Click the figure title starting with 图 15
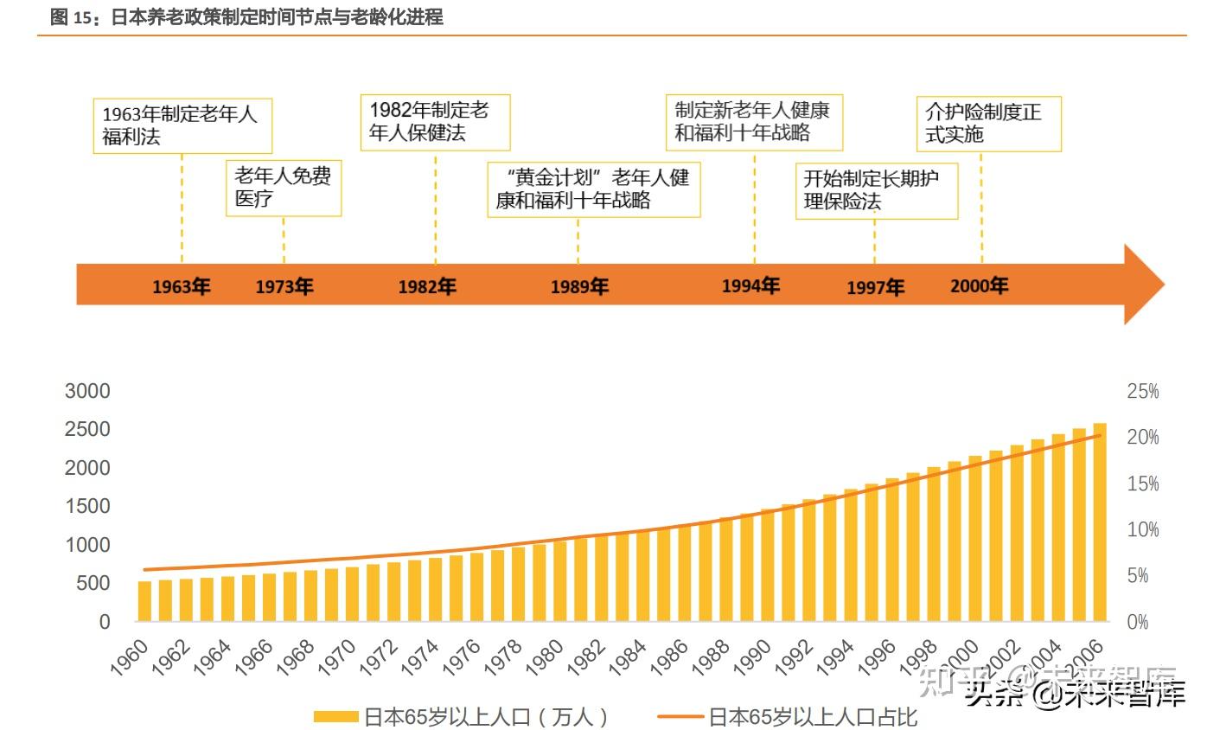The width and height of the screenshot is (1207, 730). (x=246, y=16)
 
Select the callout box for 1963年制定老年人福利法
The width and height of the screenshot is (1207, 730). (x=182, y=125)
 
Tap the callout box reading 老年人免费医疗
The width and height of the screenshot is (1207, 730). (x=283, y=188)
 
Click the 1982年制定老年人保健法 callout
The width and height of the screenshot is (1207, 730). (x=434, y=122)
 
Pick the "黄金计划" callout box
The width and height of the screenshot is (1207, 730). (x=593, y=189)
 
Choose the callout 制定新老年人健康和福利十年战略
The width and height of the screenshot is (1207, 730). (x=754, y=122)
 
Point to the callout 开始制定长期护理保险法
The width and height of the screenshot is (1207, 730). (x=876, y=190)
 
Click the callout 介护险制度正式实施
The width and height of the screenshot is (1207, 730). (x=987, y=124)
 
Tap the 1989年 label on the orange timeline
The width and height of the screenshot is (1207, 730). (x=579, y=286)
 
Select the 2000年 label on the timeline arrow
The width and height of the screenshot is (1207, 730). (x=979, y=285)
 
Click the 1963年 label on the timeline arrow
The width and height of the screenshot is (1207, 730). (x=182, y=286)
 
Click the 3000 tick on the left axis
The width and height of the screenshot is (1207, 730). (x=87, y=391)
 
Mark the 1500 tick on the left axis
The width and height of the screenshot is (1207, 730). (x=87, y=506)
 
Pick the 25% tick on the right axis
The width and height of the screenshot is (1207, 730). (x=1142, y=392)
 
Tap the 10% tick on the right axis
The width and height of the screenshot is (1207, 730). (x=1142, y=529)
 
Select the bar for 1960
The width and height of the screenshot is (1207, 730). (x=144, y=601)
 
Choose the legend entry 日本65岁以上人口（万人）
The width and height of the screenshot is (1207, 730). (x=462, y=716)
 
